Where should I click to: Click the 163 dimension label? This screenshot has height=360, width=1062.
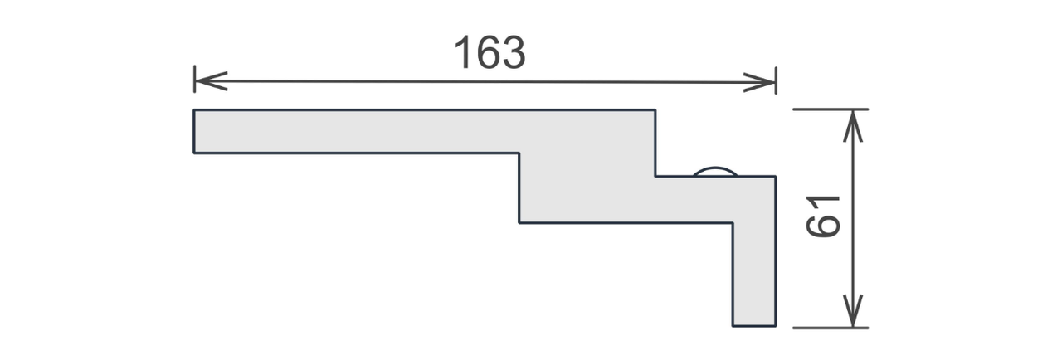pos(490,52)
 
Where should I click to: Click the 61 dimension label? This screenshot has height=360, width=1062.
pos(823,216)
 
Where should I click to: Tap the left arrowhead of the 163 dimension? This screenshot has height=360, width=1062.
pos(211,81)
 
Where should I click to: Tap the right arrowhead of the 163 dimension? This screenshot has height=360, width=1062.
pos(759,82)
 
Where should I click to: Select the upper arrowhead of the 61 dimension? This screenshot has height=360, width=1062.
pos(853,126)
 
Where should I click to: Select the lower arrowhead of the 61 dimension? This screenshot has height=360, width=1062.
pos(853,311)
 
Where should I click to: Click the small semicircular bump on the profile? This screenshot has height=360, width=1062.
pos(715,171)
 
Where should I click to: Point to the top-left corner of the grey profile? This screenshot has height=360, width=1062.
pos(194,109)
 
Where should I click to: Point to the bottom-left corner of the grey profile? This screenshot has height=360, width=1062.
pos(194,153)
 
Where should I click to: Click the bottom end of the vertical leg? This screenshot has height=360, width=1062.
pos(754,326)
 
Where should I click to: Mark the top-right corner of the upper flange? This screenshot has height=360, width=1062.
pos(655,109)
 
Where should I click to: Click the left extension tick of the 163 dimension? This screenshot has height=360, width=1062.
pos(194,79)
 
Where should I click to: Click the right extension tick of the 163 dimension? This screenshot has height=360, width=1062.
pos(776,80)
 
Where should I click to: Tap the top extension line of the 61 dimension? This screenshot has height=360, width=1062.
pos(831,109)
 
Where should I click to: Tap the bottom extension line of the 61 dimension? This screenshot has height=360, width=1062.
pos(831,328)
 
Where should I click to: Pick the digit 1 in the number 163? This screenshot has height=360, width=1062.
pos(463,52)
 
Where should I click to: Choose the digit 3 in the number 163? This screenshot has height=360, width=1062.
pos(514,52)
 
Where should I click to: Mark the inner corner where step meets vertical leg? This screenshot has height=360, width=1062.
pos(733,222)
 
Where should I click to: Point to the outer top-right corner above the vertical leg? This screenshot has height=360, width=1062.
pos(776,177)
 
